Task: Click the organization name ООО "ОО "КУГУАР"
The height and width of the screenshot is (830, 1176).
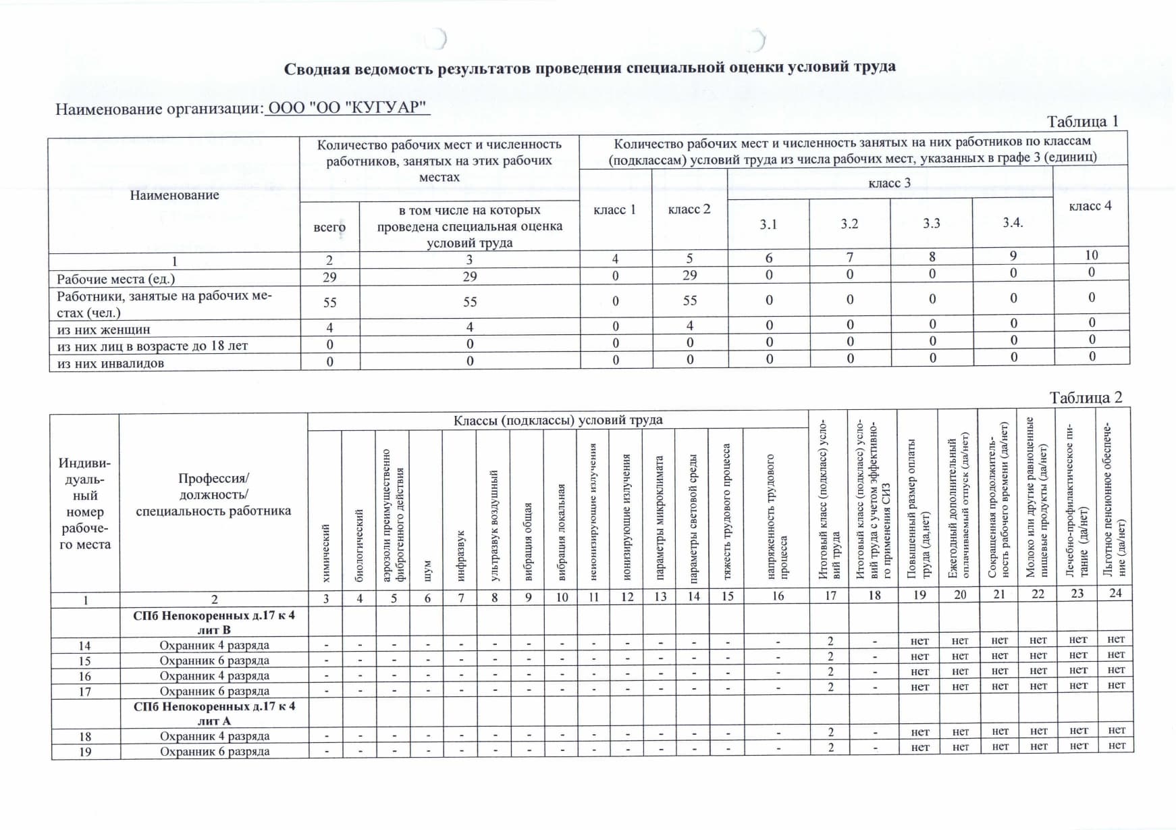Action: pos(348,107)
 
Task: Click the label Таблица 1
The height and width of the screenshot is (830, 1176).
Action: pos(1082,122)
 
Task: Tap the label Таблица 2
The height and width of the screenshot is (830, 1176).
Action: pos(1085,398)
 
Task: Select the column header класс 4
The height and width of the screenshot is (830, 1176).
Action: pos(1090,206)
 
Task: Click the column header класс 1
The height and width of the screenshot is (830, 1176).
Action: pos(614,209)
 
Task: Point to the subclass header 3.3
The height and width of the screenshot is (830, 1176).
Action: pos(931,224)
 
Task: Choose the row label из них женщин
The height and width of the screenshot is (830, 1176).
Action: pos(103,330)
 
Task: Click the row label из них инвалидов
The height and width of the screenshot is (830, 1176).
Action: pos(110,363)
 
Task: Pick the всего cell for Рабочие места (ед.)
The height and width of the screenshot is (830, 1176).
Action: pos(329,277)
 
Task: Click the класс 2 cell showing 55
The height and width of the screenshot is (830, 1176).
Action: pos(689,301)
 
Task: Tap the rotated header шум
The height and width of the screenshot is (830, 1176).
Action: pos(427,571)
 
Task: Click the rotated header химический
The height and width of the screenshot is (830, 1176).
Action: pos(326,553)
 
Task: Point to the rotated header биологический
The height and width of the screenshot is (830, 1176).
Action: pos(359,546)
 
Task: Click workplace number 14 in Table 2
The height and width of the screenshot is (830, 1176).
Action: pos(85,646)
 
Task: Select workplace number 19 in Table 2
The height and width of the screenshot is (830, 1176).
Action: pos(85,752)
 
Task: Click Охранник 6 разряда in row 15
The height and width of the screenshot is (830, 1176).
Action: pos(214,660)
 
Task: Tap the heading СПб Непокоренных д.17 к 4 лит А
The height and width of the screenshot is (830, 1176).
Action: pos(214,713)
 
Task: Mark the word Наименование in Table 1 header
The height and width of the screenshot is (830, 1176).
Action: pos(174,195)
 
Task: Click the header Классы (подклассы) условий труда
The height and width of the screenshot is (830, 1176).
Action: pos(558,420)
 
